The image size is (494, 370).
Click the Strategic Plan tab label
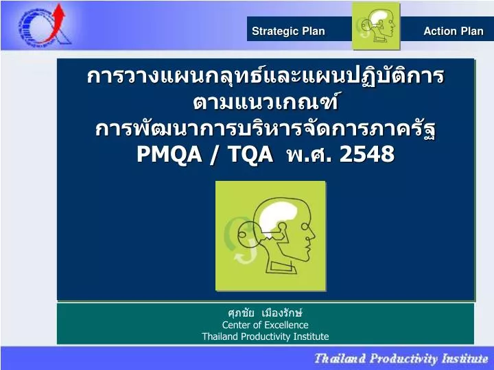(x=288, y=31)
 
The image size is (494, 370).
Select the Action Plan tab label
(x=453, y=31)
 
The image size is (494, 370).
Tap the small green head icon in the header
(x=376, y=26)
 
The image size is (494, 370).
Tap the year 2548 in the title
(x=367, y=155)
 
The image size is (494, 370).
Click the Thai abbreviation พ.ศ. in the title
(x=307, y=155)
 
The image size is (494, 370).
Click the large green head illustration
(x=270, y=236)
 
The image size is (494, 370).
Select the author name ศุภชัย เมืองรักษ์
(x=265, y=313)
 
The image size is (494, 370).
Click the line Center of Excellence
(x=265, y=325)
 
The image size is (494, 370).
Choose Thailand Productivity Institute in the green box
(x=265, y=336)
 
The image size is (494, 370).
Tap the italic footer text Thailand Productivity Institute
(x=401, y=358)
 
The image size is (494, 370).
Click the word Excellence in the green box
(x=286, y=325)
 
